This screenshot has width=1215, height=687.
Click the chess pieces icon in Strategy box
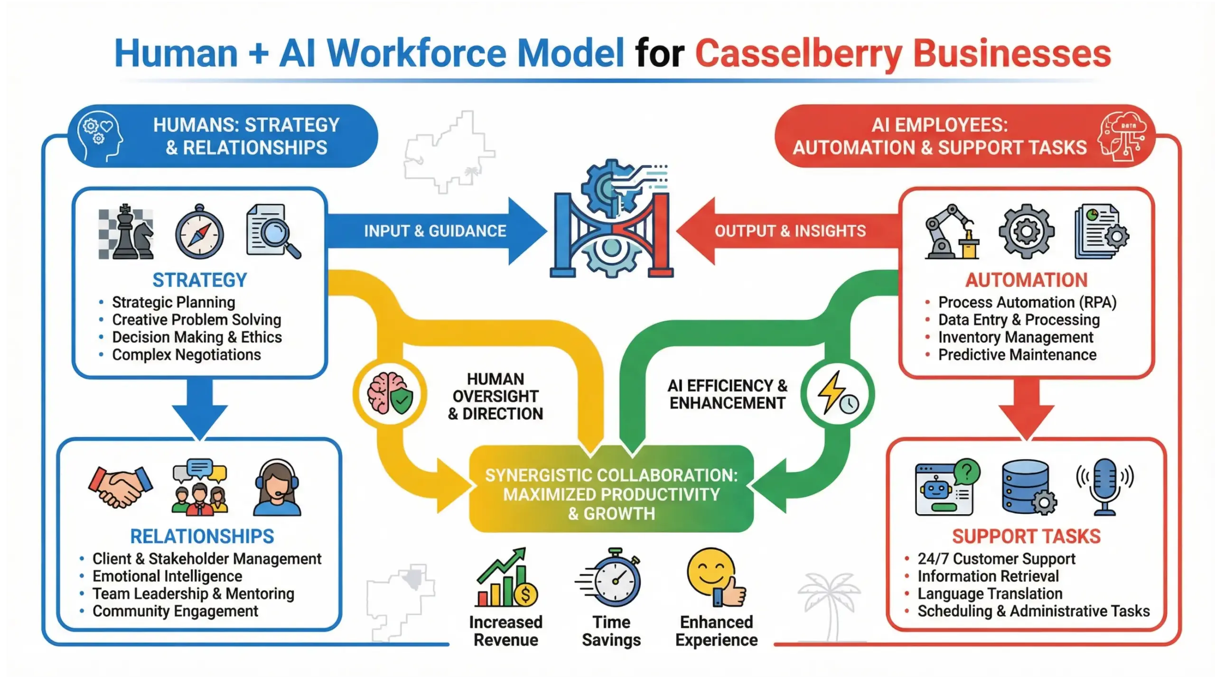point(126,232)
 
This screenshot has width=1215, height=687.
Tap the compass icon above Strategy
point(199,233)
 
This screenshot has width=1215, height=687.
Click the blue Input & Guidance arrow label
point(435,231)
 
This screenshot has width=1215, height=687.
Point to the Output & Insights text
point(790,231)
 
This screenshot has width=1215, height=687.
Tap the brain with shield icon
point(390,394)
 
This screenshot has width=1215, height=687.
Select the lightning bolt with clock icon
point(837,394)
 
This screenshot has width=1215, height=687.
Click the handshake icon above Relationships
point(121,486)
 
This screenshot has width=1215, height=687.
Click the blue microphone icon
point(1105,486)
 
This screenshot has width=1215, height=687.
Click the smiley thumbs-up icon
point(716,577)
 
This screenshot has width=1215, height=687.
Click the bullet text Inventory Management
point(1015,337)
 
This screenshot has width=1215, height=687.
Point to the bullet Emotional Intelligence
point(167,576)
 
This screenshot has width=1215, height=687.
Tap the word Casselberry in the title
point(798,53)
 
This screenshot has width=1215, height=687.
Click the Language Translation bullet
point(990,594)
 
